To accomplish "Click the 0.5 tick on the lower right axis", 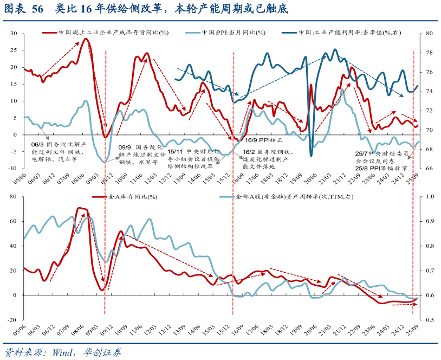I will [x=428, y=319].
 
